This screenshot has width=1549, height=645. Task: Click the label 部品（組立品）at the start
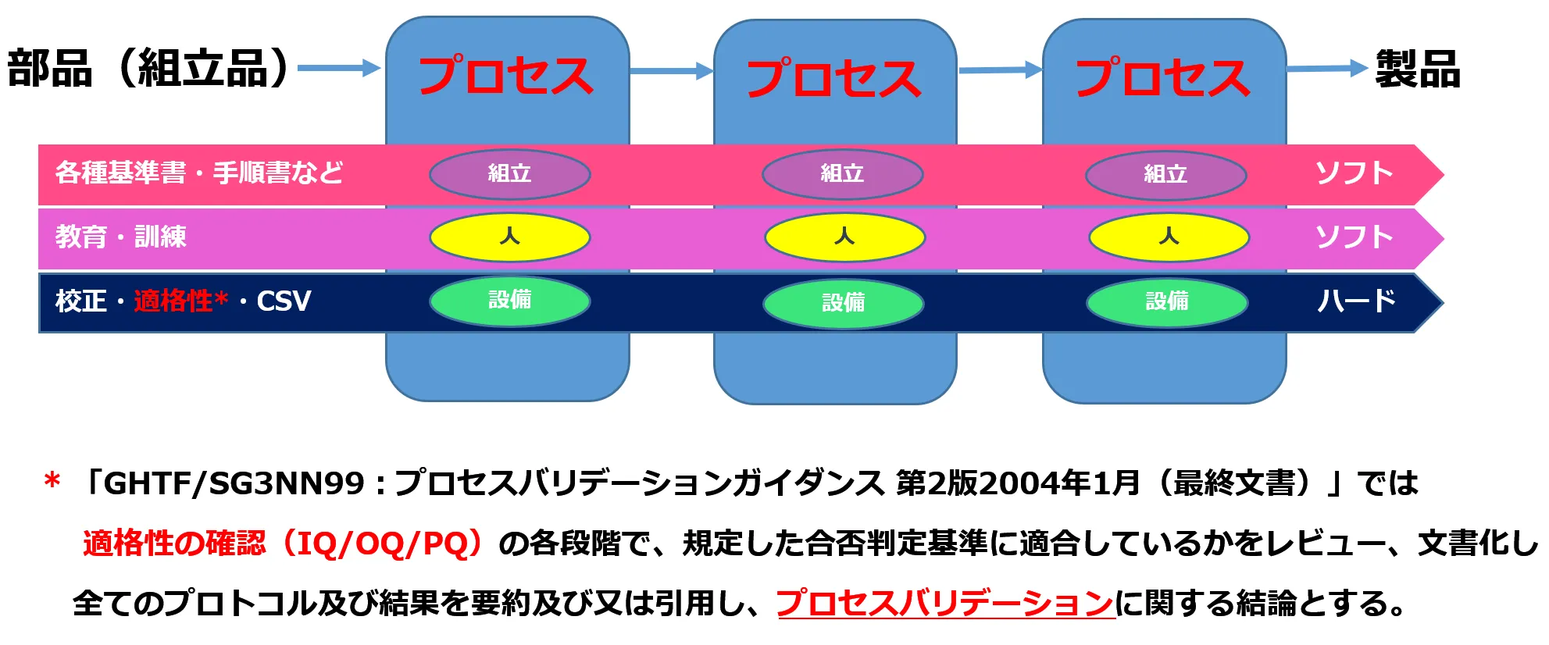tap(148, 69)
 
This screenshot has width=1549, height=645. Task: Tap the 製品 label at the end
tap(1418, 69)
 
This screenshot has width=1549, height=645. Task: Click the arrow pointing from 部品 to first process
tap(339, 69)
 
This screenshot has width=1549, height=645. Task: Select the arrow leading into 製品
tap(1326, 69)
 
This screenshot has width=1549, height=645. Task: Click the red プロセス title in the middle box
tap(834, 78)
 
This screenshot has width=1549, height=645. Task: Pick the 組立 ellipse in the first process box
tap(509, 173)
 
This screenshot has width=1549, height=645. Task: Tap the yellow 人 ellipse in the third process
tap(1169, 237)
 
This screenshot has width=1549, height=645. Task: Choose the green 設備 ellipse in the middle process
tap(843, 303)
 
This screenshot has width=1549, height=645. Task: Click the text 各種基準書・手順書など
tap(199, 173)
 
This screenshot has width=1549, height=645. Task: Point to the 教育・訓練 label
tap(121, 237)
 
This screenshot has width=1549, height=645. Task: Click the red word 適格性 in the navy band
tap(173, 301)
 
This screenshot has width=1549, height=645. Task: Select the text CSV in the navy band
tap(284, 301)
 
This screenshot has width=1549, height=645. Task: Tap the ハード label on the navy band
tap(1356, 301)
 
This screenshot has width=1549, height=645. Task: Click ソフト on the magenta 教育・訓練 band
tap(1354, 237)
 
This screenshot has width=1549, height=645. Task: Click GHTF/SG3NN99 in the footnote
tap(234, 484)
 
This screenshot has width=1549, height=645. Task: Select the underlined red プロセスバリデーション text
tap(944, 603)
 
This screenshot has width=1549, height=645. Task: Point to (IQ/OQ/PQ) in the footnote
tap(383, 543)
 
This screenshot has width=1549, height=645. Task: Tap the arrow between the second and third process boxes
tap(1000, 70)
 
